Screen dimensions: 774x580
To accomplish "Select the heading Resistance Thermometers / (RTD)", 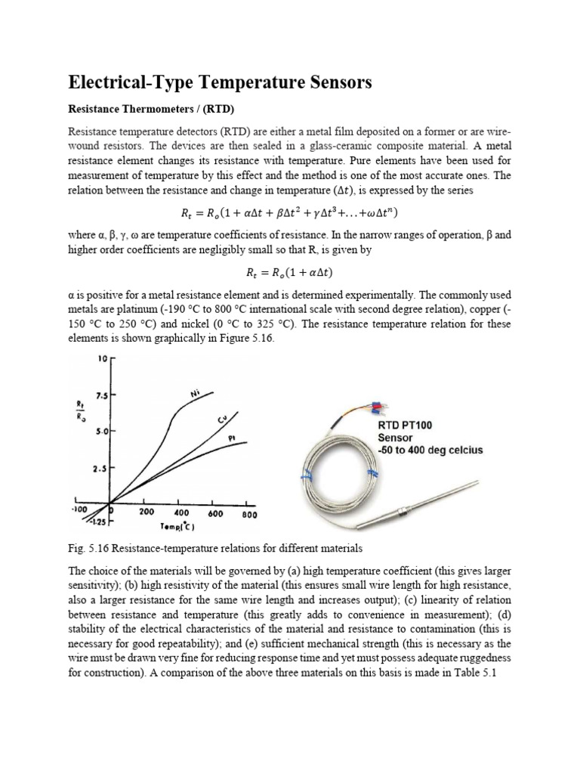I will pos(142,107).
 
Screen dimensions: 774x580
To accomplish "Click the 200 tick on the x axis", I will pos(147,512).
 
